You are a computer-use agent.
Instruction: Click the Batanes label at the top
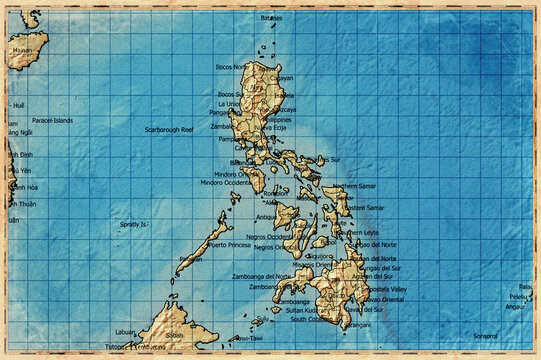[271, 18]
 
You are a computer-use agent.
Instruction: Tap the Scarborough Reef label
[169, 129]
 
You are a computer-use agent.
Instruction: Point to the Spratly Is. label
[134, 224]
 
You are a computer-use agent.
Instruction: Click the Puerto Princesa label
[229, 244]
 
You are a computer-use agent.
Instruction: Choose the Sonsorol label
[485, 336]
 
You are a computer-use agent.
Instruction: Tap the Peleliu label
[518, 297]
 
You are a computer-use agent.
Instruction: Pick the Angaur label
[515, 307]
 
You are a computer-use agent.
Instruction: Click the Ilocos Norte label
[233, 67]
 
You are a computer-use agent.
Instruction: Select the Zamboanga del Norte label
[262, 276]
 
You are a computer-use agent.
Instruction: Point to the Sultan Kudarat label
[295, 311]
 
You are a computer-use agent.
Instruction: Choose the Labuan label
[125, 332]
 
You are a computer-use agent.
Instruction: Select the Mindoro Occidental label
[226, 183]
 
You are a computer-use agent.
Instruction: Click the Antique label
[266, 216]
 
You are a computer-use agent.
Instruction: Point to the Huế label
[18, 105]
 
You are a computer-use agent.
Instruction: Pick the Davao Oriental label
[384, 299]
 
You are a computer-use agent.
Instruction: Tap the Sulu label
[262, 321]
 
